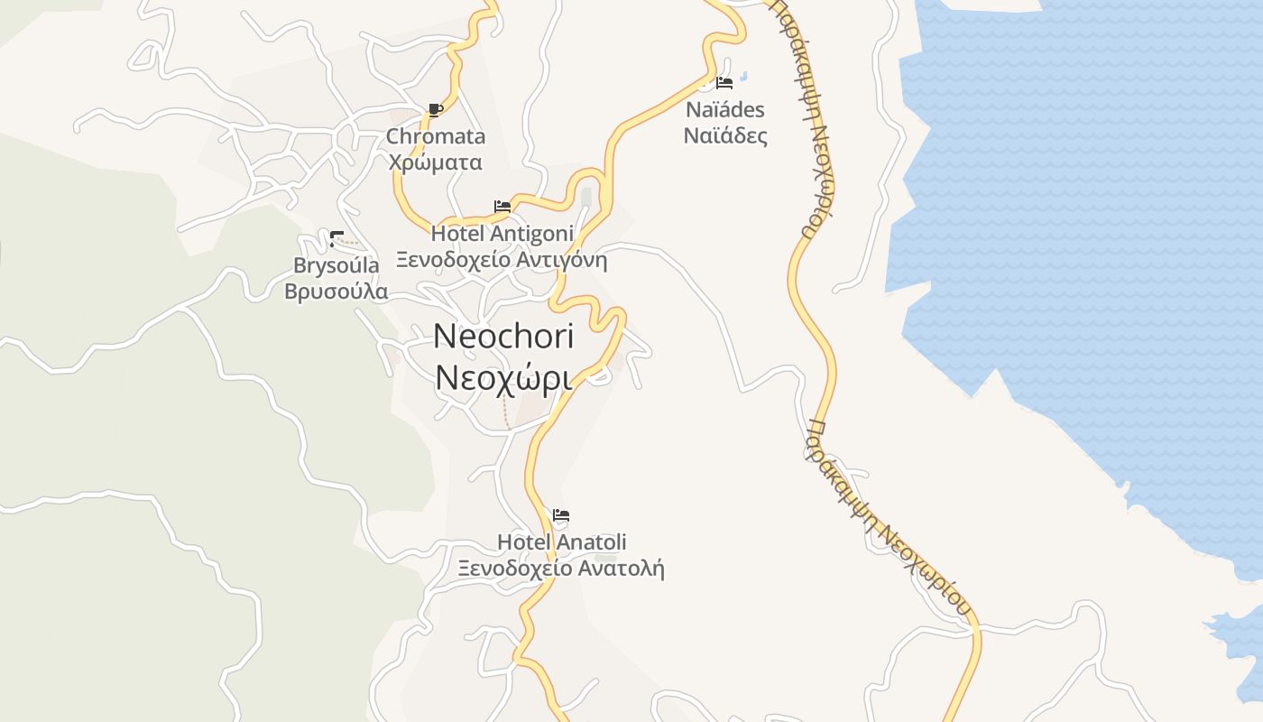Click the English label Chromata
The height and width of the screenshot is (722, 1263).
436,136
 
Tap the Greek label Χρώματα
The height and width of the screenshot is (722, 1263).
435,162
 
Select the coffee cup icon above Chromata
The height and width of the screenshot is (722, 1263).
436,110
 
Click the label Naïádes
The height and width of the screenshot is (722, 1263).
724,110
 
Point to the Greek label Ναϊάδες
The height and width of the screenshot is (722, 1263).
724,136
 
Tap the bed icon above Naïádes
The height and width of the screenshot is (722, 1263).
724,83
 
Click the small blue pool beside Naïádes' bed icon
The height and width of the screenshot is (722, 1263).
744,77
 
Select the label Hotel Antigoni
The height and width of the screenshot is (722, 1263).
502,234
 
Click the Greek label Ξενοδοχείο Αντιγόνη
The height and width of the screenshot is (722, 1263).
502,261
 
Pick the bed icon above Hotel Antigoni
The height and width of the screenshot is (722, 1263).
502,207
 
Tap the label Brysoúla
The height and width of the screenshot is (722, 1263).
336,265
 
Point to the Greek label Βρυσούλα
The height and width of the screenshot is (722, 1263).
336,292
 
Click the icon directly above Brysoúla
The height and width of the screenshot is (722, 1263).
336,239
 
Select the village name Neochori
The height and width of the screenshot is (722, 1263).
503,337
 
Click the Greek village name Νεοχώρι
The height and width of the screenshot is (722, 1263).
503,379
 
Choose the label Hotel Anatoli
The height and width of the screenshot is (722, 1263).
561,542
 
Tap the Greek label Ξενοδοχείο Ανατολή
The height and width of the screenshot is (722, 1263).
561,569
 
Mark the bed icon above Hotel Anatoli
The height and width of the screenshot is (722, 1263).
561,516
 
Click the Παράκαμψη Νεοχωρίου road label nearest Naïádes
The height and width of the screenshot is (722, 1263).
805,117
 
